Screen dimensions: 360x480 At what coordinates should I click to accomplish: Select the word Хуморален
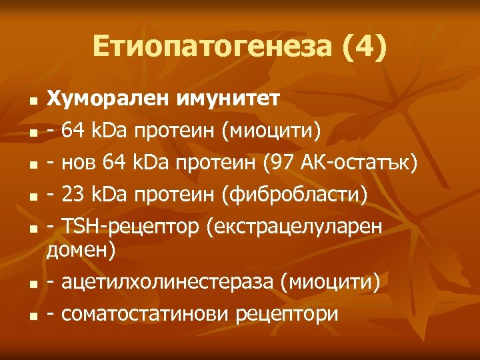click(107, 100)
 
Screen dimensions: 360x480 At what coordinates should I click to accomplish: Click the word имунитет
click(229, 100)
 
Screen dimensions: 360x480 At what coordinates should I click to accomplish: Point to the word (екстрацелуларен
click(294, 226)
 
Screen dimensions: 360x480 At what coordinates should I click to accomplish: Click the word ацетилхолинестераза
click(168, 283)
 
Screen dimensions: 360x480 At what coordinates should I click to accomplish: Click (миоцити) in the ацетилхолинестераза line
click(330, 283)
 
